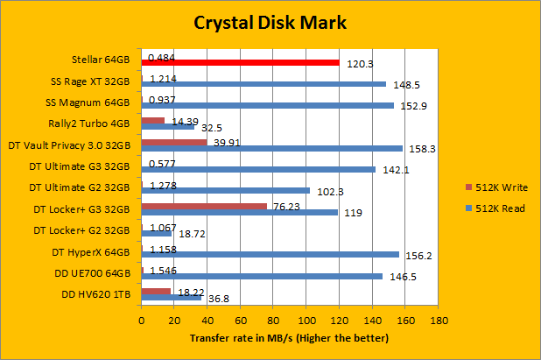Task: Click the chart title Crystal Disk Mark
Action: [x=270, y=23]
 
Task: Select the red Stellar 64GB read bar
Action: [x=240, y=62]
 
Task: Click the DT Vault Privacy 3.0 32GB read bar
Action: [x=271, y=148]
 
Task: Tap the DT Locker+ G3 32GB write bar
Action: [x=204, y=207]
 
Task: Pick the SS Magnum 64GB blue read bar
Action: [x=267, y=105]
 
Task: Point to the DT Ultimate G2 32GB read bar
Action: [x=225, y=190]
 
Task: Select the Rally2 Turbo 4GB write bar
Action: [x=152, y=121]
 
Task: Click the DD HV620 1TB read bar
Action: [x=172, y=298]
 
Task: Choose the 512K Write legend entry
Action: [x=496, y=187]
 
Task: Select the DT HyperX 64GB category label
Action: [x=92, y=251]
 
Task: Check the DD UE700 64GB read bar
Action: [x=262, y=276]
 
